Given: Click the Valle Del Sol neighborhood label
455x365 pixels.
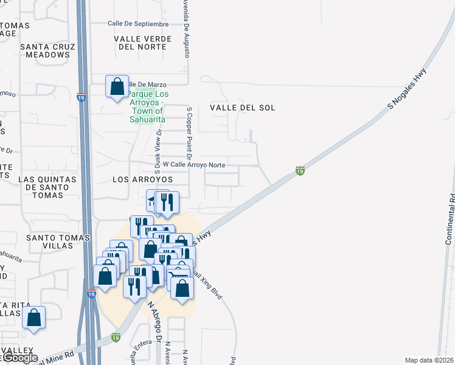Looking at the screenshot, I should [x=243, y=108].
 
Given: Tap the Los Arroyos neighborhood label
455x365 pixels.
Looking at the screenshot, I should [x=143, y=180].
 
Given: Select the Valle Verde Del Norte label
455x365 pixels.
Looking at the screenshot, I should [x=140, y=43].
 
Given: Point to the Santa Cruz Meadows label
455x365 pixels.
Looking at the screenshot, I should [x=47, y=50].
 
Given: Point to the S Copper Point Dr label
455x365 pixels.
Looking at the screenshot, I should [x=189, y=126].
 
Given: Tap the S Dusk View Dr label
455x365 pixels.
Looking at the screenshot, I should [x=157, y=148].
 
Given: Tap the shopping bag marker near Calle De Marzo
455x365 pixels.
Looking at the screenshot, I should [x=117, y=87].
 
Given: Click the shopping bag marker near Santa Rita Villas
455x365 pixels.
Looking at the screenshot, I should [x=34, y=318].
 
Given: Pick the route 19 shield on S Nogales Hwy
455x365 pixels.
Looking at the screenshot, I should [x=300, y=171].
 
